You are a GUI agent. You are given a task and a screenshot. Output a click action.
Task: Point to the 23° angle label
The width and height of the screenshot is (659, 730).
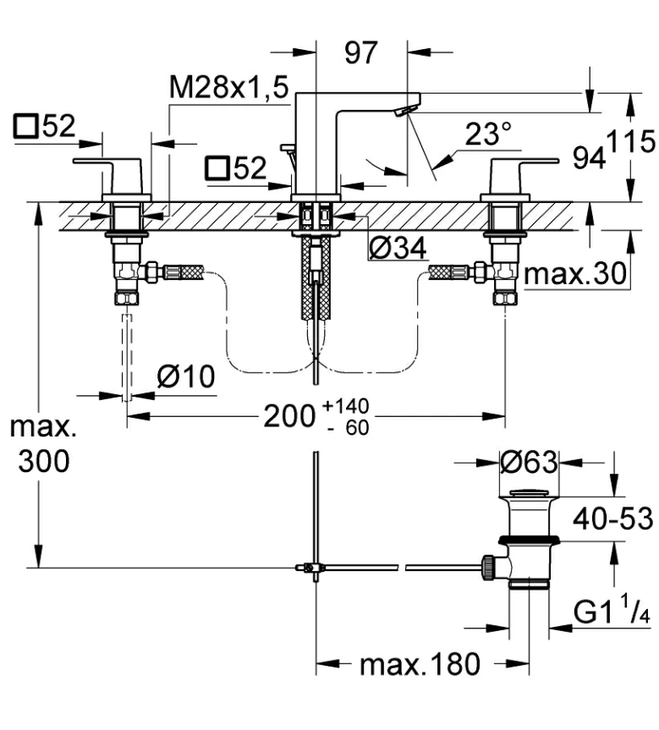(x=488, y=134)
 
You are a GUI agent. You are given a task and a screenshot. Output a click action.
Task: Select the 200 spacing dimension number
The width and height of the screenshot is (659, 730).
(x=289, y=415)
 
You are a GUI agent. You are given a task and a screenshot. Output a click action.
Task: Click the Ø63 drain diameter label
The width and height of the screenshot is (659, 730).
(x=528, y=462)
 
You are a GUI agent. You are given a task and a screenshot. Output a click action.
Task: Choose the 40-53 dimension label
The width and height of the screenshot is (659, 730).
(x=608, y=518)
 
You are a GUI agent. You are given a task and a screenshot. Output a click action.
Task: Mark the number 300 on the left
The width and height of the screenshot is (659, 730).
(x=41, y=461)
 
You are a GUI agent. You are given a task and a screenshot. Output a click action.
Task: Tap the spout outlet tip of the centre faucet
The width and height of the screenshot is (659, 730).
(x=407, y=110)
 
